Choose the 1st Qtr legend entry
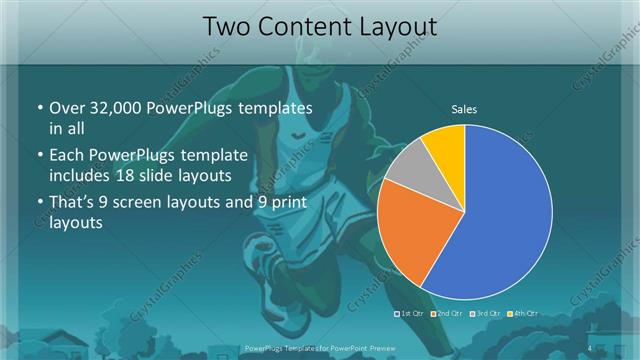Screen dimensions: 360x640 [408, 314]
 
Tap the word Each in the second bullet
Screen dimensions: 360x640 [66, 155]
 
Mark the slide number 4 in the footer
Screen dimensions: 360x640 [589, 347]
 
